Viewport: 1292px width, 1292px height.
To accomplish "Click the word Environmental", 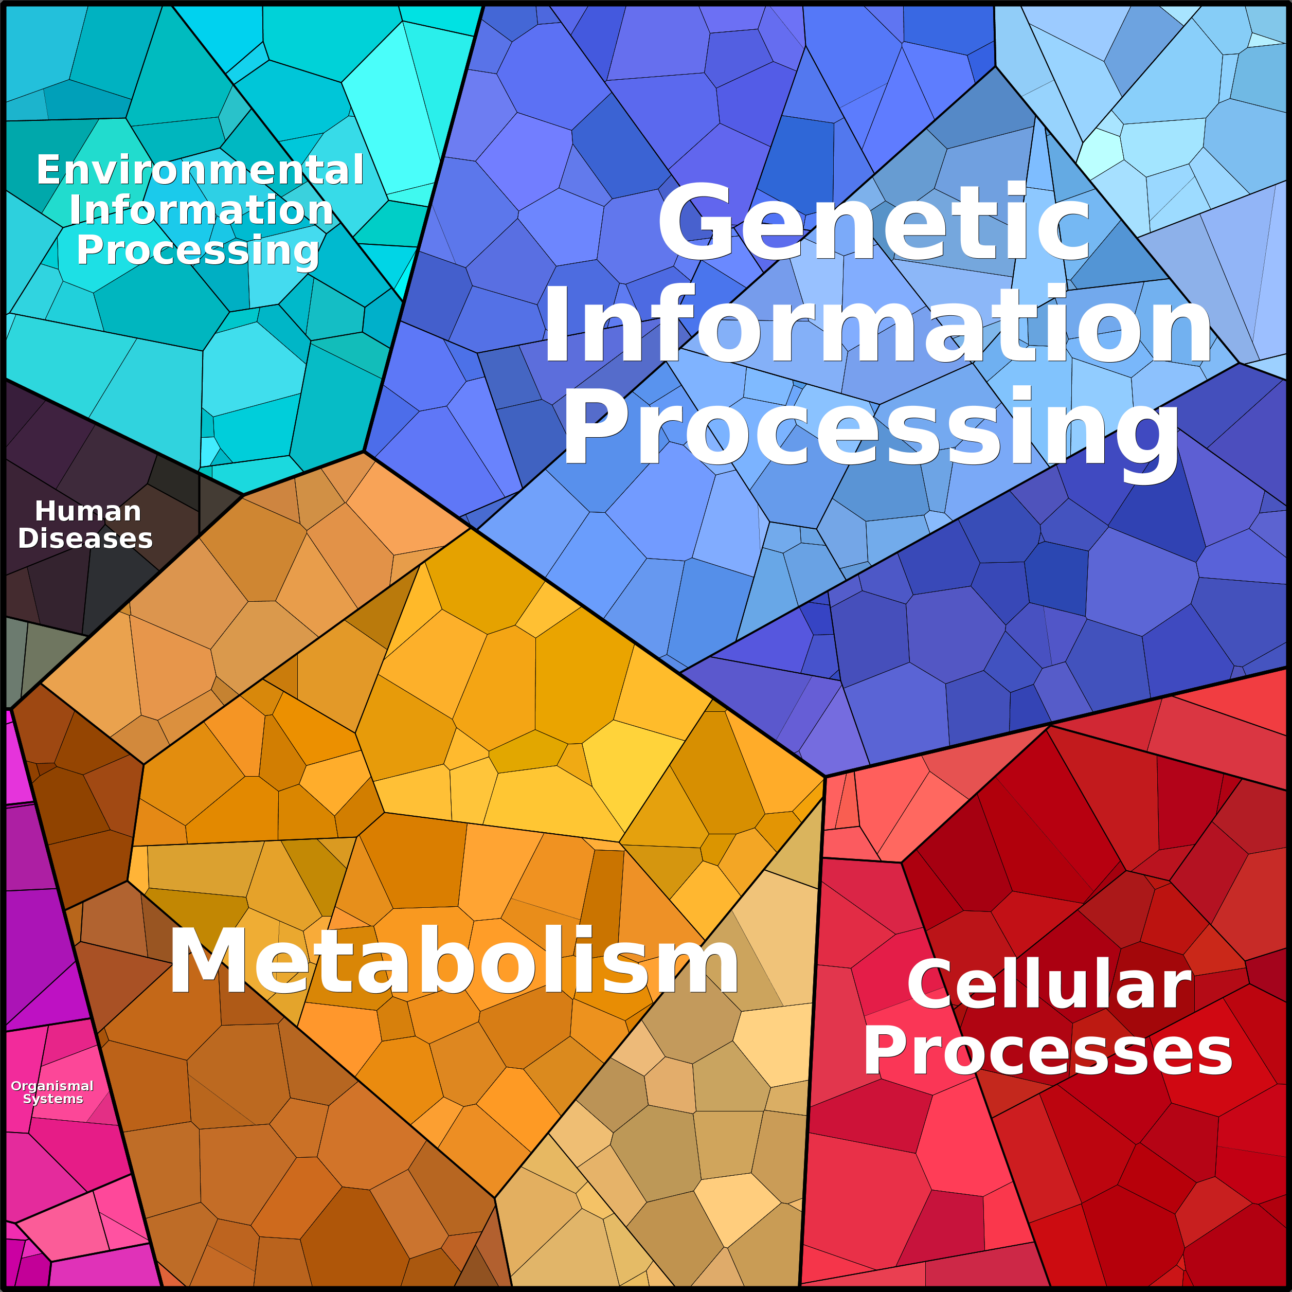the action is [x=200, y=170].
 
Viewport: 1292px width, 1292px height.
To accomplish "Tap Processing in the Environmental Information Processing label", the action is [x=198, y=252].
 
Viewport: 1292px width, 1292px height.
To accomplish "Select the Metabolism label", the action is [x=454, y=961].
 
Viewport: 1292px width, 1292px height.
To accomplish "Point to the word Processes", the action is [x=1048, y=1051].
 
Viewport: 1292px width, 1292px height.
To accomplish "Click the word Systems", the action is [x=53, y=1099].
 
